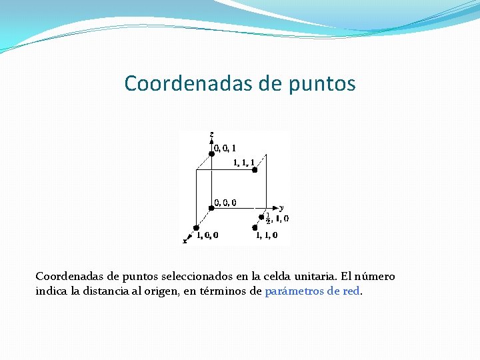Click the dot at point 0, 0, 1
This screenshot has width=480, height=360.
tap(211, 153)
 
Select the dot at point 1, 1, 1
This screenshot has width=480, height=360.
tap(255, 170)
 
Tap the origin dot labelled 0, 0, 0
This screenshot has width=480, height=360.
tap(211, 207)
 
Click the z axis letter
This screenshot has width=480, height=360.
tap(211, 135)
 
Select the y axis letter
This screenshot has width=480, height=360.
tap(282, 207)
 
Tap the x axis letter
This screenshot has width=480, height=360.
tap(185, 241)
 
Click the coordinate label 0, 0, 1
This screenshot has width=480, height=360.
tap(225, 148)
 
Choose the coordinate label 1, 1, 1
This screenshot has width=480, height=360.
tap(243, 162)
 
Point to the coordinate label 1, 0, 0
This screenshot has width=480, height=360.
tap(207, 235)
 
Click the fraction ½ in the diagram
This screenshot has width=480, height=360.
tap(268, 217)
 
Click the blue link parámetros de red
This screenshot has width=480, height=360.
tap(313, 291)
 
